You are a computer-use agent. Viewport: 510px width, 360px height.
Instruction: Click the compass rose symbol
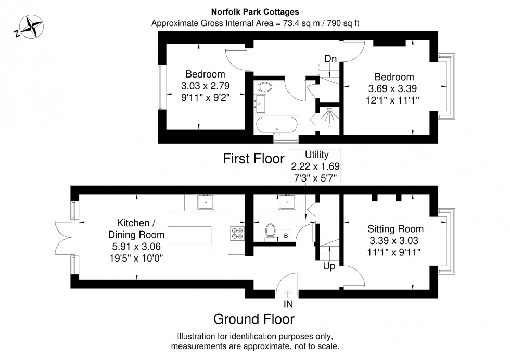(29, 27)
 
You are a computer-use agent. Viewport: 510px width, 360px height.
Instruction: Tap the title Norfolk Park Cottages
(254, 11)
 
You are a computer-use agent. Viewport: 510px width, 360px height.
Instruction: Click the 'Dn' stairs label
(330, 58)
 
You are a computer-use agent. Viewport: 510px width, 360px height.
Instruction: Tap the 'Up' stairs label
(329, 266)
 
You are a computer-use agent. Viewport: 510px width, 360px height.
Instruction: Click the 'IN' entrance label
(288, 304)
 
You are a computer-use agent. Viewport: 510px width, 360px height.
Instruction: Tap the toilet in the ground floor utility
(270, 232)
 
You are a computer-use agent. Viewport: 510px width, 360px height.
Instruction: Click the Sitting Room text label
(396, 229)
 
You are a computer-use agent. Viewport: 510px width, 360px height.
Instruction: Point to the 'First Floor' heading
(253, 159)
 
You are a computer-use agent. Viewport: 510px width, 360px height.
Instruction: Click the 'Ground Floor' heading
(253, 318)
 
